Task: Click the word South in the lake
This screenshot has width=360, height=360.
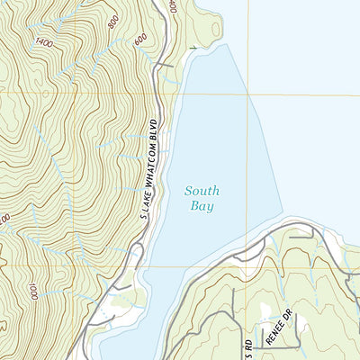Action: click(202, 191)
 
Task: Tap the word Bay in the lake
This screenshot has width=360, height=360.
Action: click(202, 206)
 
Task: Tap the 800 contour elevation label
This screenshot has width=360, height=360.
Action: click(112, 22)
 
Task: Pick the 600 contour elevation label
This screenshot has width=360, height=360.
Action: click(139, 40)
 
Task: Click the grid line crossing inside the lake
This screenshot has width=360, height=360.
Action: click(247, 94)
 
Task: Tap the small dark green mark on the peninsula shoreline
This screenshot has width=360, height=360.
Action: click(194, 44)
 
